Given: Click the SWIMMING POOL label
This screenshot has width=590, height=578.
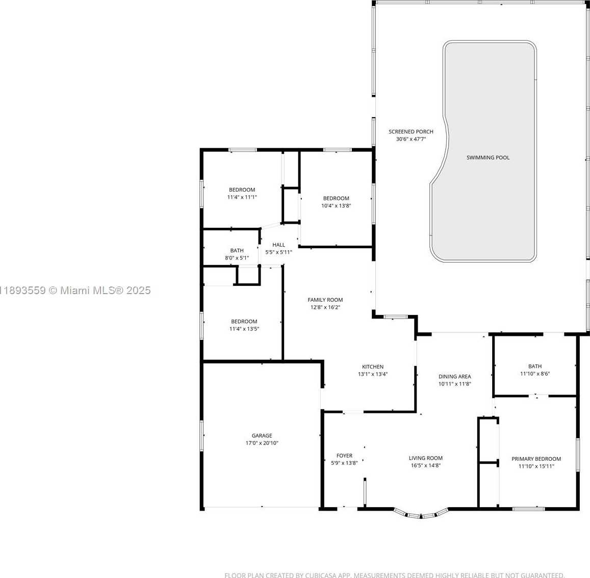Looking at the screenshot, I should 488,157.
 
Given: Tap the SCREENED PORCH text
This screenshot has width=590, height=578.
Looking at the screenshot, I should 411,132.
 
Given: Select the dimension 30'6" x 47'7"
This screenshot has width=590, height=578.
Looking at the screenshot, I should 411,139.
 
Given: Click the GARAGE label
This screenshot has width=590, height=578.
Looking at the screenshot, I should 262,436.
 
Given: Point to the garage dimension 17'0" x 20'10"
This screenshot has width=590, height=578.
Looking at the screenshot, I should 262,443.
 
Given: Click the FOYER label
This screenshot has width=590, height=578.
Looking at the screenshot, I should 344,456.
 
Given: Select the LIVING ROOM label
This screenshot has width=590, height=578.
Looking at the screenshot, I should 426,458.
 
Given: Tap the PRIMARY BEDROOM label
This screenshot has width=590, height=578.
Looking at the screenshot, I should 536,459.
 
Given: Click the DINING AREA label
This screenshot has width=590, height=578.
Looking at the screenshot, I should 455,377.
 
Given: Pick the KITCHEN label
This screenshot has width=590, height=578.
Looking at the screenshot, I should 373,366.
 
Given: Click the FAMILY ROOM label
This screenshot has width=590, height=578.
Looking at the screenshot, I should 325,300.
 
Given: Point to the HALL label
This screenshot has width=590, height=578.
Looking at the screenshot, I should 278,245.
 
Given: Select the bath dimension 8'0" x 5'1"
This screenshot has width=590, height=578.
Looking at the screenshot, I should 237,258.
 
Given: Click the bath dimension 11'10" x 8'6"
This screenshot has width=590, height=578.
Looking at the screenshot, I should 535,374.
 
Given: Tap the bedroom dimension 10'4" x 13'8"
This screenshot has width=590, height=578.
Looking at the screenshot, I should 336,206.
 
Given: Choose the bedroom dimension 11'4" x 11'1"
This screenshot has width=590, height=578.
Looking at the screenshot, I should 242,197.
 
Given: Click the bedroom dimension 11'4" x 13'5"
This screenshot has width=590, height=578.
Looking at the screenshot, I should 244,329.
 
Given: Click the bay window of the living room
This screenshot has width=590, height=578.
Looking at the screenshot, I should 421,514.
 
